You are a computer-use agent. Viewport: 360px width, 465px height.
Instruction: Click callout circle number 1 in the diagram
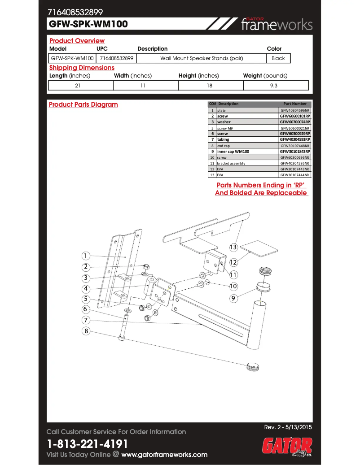pyautogui.click(x=85, y=256)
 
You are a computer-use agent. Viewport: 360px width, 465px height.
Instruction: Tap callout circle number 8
pyautogui.click(x=85, y=331)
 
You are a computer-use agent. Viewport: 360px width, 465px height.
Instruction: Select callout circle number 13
pyautogui.click(x=233, y=247)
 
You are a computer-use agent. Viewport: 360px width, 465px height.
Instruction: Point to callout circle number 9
pyautogui.click(x=233, y=298)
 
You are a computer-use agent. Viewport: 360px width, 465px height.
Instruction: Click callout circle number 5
pyautogui.click(x=85, y=299)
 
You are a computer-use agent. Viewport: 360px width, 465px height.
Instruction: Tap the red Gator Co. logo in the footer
pyautogui.click(x=287, y=447)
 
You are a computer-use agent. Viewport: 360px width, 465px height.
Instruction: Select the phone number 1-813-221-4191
pyautogui.click(x=88, y=444)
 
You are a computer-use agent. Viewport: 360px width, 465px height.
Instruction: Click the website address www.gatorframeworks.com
pyautogui.click(x=164, y=455)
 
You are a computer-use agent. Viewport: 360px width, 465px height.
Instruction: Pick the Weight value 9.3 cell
pyautogui.click(x=276, y=85)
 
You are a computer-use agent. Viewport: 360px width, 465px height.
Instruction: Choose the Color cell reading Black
pyautogui.click(x=278, y=58)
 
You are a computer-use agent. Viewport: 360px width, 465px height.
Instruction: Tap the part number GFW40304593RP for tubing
pyautogui.click(x=295, y=139)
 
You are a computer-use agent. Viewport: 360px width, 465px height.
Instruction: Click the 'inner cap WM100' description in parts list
pyautogui.click(x=233, y=152)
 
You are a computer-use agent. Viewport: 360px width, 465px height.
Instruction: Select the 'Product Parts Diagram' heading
pyautogui.click(x=83, y=104)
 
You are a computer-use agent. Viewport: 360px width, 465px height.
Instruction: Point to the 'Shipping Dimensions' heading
pyautogui.click(x=82, y=68)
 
